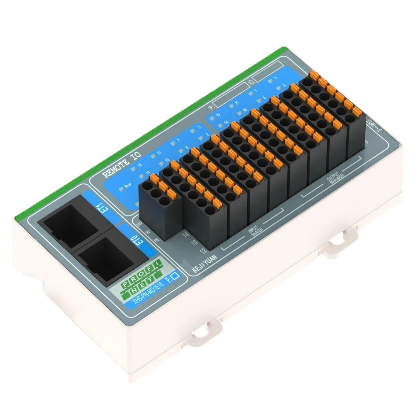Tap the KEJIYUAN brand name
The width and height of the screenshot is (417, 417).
click(x=205, y=264)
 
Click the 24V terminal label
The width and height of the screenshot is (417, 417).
click(x=139, y=223)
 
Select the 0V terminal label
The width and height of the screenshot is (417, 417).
click(x=147, y=232)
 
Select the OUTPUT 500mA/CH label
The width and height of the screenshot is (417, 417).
click(x=333, y=178)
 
